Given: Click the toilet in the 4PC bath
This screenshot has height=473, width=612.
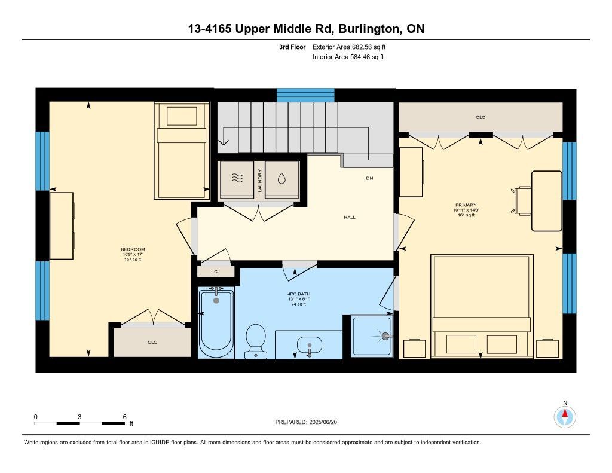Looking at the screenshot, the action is pyautogui.click(x=256, y=341).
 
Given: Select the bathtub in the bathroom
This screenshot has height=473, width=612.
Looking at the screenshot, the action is pyautogui.click(x=216, y=323).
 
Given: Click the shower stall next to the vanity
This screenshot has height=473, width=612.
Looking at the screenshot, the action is pyautogui.click(x=372, y=336).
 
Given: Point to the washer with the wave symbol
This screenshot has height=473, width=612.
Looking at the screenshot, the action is pyautogui.click(x=237, y=179).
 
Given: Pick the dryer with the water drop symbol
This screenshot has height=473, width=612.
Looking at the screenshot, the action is pyautogui.click(x=281, y=179).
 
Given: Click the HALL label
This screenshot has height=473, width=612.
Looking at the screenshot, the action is pyautogui.click(x=350, y=217).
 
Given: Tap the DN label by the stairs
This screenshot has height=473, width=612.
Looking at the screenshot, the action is pyautogui.click(x=369, y=178).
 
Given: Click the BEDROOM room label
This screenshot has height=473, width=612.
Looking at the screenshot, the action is pyautogui.click(x=133, y=249).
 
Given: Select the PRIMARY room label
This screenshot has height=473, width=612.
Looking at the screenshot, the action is pyautogui.click(x=466, y=205).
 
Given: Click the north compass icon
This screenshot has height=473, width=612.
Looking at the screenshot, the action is pyautogui.click(x=565, y=416).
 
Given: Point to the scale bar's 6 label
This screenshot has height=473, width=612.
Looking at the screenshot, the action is pyautogui.click(x=124, y=417).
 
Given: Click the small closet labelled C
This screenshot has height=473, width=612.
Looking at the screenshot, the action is pyautogui.click(x=216, y=271).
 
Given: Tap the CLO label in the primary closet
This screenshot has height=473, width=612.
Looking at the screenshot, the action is pyautogui.click(x=481, y=117).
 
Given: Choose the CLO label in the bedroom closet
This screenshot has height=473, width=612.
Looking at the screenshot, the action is pyautogui.click(x=152, y=342).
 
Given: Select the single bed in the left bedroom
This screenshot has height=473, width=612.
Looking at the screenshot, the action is pyautogui.click(x=182, y=151).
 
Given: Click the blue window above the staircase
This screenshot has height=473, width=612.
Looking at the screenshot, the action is pyautogui.click(x=305, y=95).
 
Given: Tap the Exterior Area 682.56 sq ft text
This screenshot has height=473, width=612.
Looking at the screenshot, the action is pyautogui.click(x=349, y=47).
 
